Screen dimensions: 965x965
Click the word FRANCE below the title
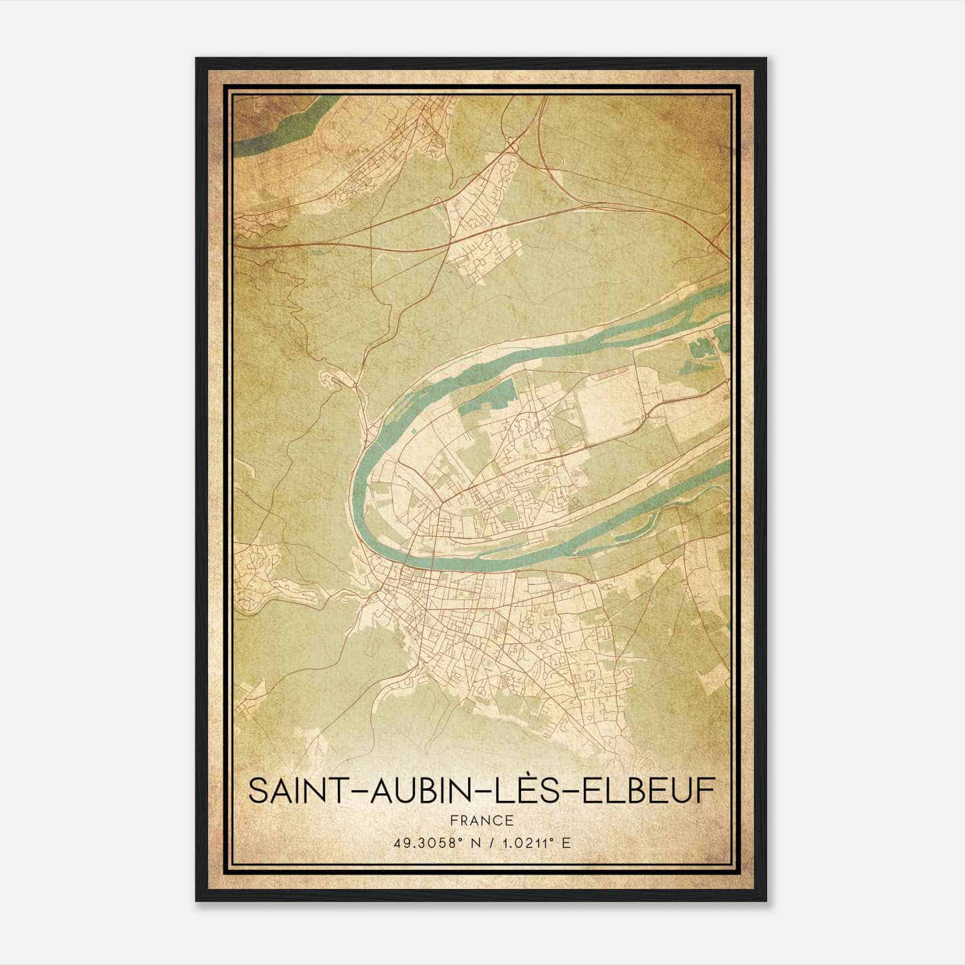pyautogui.click(x=481, y=821)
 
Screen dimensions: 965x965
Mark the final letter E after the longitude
pyautogui.click(x=565, y=843)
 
